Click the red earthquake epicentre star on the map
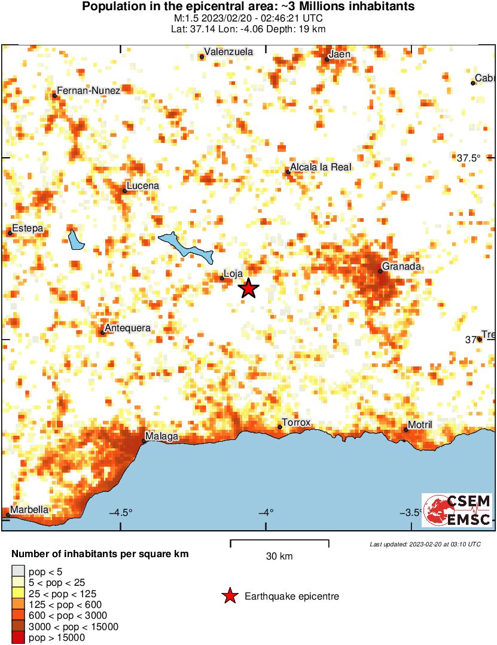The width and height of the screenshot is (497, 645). coord(248,289)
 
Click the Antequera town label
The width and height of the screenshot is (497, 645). coord(127,328)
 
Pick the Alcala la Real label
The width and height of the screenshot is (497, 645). coord(321,167)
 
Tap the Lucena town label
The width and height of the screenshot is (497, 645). coord(144,186)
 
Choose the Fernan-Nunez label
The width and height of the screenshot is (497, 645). coord(89,90)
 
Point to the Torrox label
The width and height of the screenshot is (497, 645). coord(297,423)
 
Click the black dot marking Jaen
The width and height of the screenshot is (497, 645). coord(327,59)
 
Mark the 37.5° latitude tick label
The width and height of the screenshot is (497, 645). coord(468,158)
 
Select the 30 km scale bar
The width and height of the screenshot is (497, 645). coord(279,543)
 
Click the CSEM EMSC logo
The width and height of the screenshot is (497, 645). coord(458,510)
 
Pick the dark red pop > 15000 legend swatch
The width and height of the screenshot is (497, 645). coord(19,638)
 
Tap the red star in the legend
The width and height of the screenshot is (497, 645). coord(229,596)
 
